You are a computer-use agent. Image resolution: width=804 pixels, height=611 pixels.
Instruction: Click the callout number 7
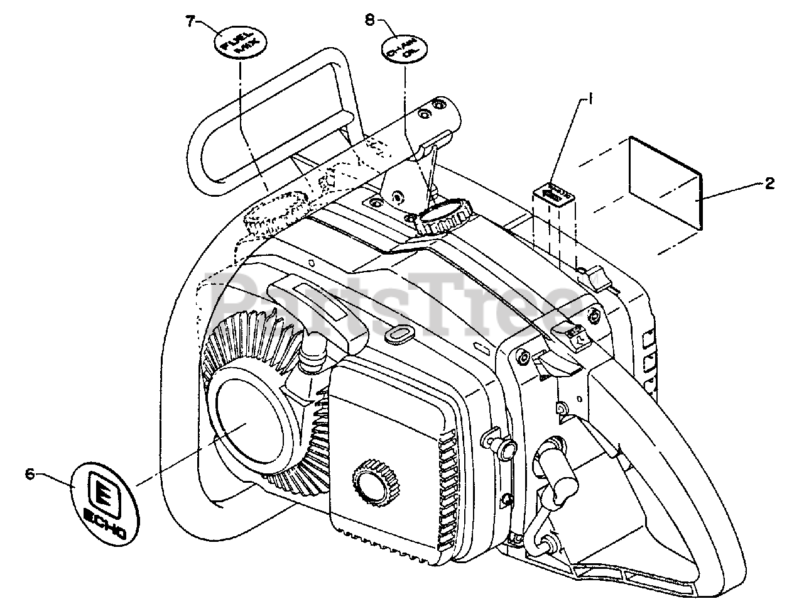coord(189,21)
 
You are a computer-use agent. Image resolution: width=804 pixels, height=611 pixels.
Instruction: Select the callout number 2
coord(769,183)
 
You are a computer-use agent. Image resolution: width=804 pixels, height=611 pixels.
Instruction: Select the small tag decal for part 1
coord(555,192)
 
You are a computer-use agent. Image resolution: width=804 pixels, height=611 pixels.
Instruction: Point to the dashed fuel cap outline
coord(274,215)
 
